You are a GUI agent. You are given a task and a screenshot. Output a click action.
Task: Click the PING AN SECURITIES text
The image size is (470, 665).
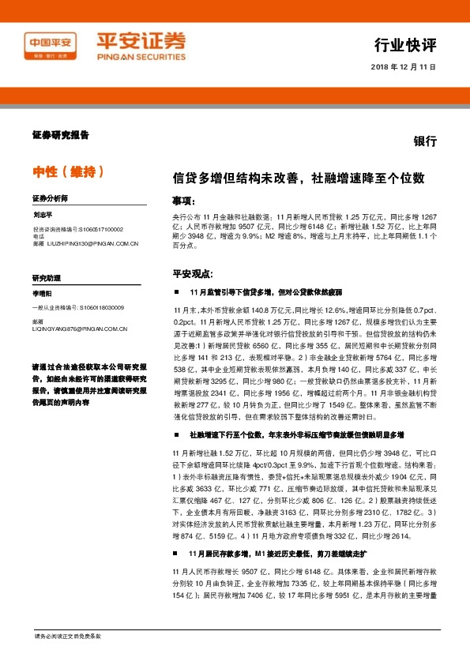140,57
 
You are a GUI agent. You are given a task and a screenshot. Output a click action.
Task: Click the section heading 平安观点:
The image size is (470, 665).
193,273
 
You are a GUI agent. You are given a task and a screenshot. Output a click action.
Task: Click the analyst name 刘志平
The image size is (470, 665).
43,213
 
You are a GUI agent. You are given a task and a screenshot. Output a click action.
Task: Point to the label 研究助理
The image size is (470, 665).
46,277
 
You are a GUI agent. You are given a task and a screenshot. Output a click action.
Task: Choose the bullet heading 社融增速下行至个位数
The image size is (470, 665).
296,434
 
